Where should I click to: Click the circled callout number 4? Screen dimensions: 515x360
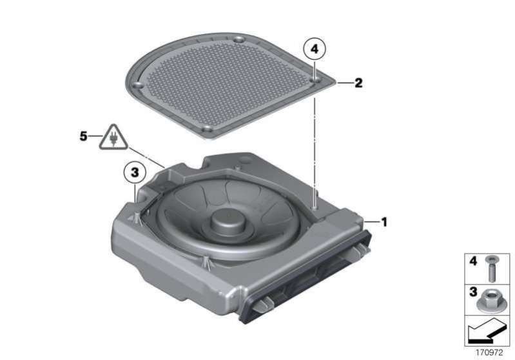[315, 49]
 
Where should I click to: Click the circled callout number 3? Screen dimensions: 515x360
[135, 173]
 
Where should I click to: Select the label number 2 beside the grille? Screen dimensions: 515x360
[358, 83]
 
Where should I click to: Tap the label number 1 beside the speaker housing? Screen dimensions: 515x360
[384, 222]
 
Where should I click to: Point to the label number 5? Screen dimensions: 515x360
[83, 136]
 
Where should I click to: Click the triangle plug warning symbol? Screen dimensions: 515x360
[113, 138]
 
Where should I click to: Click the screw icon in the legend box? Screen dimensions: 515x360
[491, 269]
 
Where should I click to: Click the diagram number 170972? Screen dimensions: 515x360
[489, 352]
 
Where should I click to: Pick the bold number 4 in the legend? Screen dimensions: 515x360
[473, 261]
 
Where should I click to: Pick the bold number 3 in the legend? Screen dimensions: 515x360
[473, 292]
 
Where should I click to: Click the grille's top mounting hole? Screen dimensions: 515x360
[239, 41]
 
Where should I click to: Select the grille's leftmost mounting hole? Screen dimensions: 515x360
[137, 86]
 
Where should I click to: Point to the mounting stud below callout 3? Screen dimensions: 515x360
[135, 217]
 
